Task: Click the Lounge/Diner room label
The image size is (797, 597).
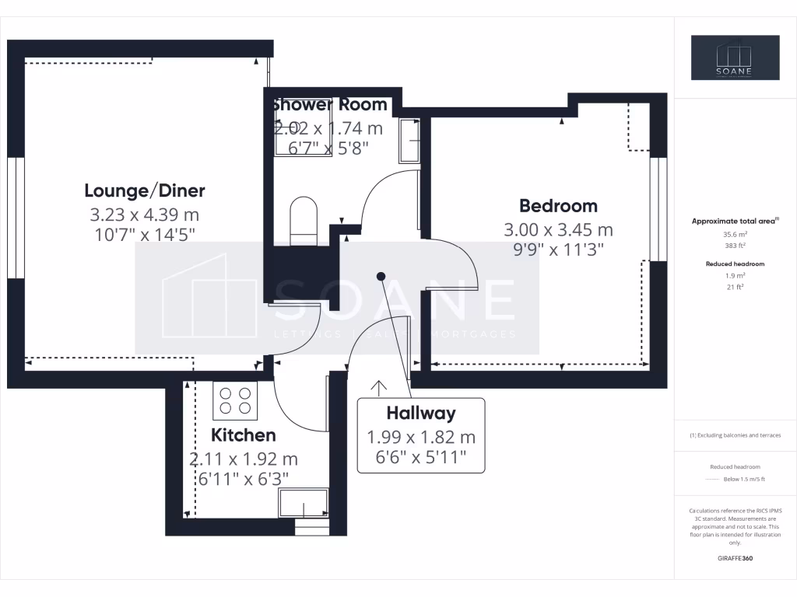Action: pyautogui.click(x=144, y=190)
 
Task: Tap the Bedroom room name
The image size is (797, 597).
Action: pyautogui.click(x=558, y=206)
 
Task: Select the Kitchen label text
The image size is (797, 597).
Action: pyautogui.click(x=244, y=435)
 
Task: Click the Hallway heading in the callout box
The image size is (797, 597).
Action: pyautogui.click(x=421, y=414)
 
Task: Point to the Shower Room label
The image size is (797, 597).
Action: pyautogui.click(x=328, y=105)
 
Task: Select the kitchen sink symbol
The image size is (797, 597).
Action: pyautogui.click(x=304, y=503)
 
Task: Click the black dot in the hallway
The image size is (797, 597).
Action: pyautogui.click(x=381, y=276)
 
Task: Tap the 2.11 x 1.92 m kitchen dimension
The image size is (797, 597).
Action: pyautogui.click(x=244, y=459)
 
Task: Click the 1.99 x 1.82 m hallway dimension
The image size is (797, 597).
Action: pyautogui.click(x=421, y=438)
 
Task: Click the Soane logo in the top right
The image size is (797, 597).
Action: pyautogui.click(x=735, y=58)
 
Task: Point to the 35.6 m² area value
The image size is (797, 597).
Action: pyautogui.click(x=735, y=233)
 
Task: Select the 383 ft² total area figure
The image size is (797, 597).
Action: pyautogui.click(x=735, y=246)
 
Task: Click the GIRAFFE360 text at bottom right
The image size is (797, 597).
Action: pyautogui.click(x=735, y=558)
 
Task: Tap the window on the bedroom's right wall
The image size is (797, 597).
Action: pyautogui.click(x=658, y=208)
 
